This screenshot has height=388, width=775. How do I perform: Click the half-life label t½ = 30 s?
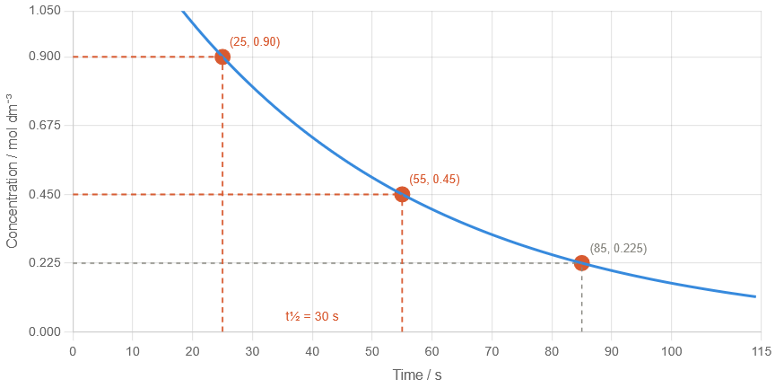click(x=312, y=316)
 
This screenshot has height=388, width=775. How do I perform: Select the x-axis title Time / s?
click(x=416, y=374)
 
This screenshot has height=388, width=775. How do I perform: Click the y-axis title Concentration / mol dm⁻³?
click(x=13, y=171)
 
